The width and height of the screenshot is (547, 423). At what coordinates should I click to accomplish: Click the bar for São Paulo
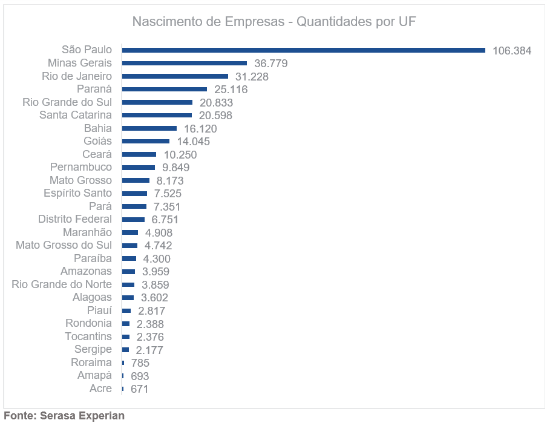(303, 50)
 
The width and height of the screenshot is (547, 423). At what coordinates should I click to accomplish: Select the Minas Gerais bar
(185, 63)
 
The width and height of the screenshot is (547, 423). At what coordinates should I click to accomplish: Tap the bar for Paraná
(165, 90)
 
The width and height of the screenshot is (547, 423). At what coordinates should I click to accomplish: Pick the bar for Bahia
(149, 128)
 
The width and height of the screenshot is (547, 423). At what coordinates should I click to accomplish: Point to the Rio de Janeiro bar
(175, 76)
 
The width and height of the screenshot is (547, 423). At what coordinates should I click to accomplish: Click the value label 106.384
(512, 51)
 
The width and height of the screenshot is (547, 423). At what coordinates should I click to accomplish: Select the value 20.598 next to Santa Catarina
(215, 116)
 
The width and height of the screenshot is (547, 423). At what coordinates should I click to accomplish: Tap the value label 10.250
(180, 155)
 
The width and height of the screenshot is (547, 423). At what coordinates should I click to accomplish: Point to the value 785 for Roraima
(140, 363)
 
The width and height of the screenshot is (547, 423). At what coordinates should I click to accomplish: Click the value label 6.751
(165, 220)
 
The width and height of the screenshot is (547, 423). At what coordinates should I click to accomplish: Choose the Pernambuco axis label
(81, 167)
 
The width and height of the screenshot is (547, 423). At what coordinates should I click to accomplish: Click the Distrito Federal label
(75, 219)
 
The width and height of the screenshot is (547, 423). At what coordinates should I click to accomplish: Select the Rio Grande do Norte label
(62, 284)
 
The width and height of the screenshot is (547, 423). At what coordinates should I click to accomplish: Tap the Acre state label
(100, 389)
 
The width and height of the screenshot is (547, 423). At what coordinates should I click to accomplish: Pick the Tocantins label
(88, 336)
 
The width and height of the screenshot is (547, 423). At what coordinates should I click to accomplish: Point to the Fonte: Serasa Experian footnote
(64, 416)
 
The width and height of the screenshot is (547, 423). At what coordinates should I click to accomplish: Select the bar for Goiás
(146, 142)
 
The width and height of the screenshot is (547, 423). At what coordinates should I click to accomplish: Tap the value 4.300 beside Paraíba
(157, 259)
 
